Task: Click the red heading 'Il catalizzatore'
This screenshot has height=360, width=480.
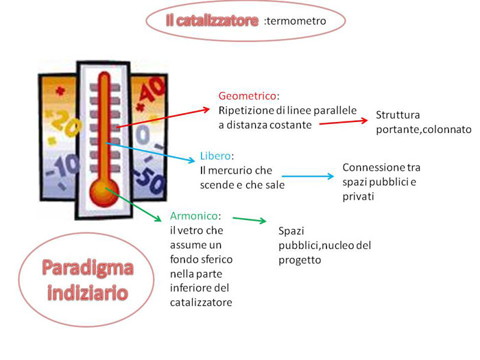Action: tap(212, 21)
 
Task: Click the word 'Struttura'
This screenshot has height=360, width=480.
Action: tap(398, 115)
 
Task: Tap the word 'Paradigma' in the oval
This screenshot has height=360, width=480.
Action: tap(86, 267)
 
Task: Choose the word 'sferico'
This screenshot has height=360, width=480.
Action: tap(215, 260)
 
